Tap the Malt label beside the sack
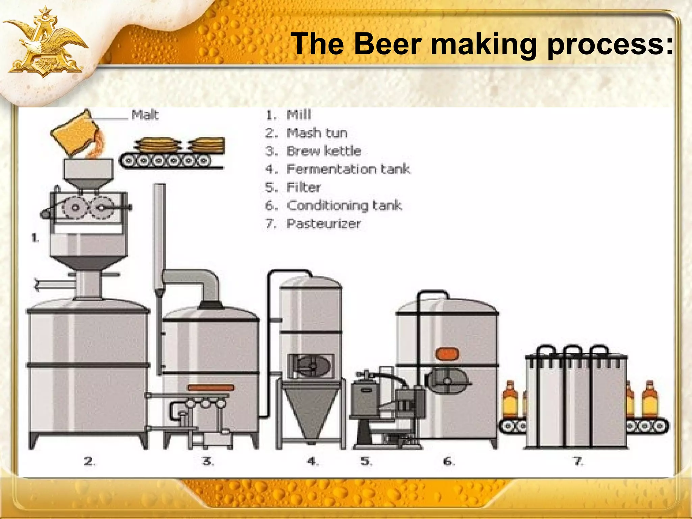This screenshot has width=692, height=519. tap(145, 115)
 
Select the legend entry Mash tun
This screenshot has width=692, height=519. tap(317, 133)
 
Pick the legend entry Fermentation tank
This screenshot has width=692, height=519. tap(348, 169)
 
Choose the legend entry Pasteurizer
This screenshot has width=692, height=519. tap(323, 224)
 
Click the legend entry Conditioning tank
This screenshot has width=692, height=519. tap(344, 205)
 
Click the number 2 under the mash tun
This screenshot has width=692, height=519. tap(89, 461)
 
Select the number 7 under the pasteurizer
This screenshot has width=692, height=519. tap(577, 461)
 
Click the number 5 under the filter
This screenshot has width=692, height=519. tap(366, 461)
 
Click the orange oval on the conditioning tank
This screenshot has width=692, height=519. tap(447, 353)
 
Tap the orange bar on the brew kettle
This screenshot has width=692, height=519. tap(211, 388)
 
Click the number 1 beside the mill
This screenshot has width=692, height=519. tap(35, 238)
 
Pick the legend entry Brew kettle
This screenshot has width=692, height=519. tap(323, 151)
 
